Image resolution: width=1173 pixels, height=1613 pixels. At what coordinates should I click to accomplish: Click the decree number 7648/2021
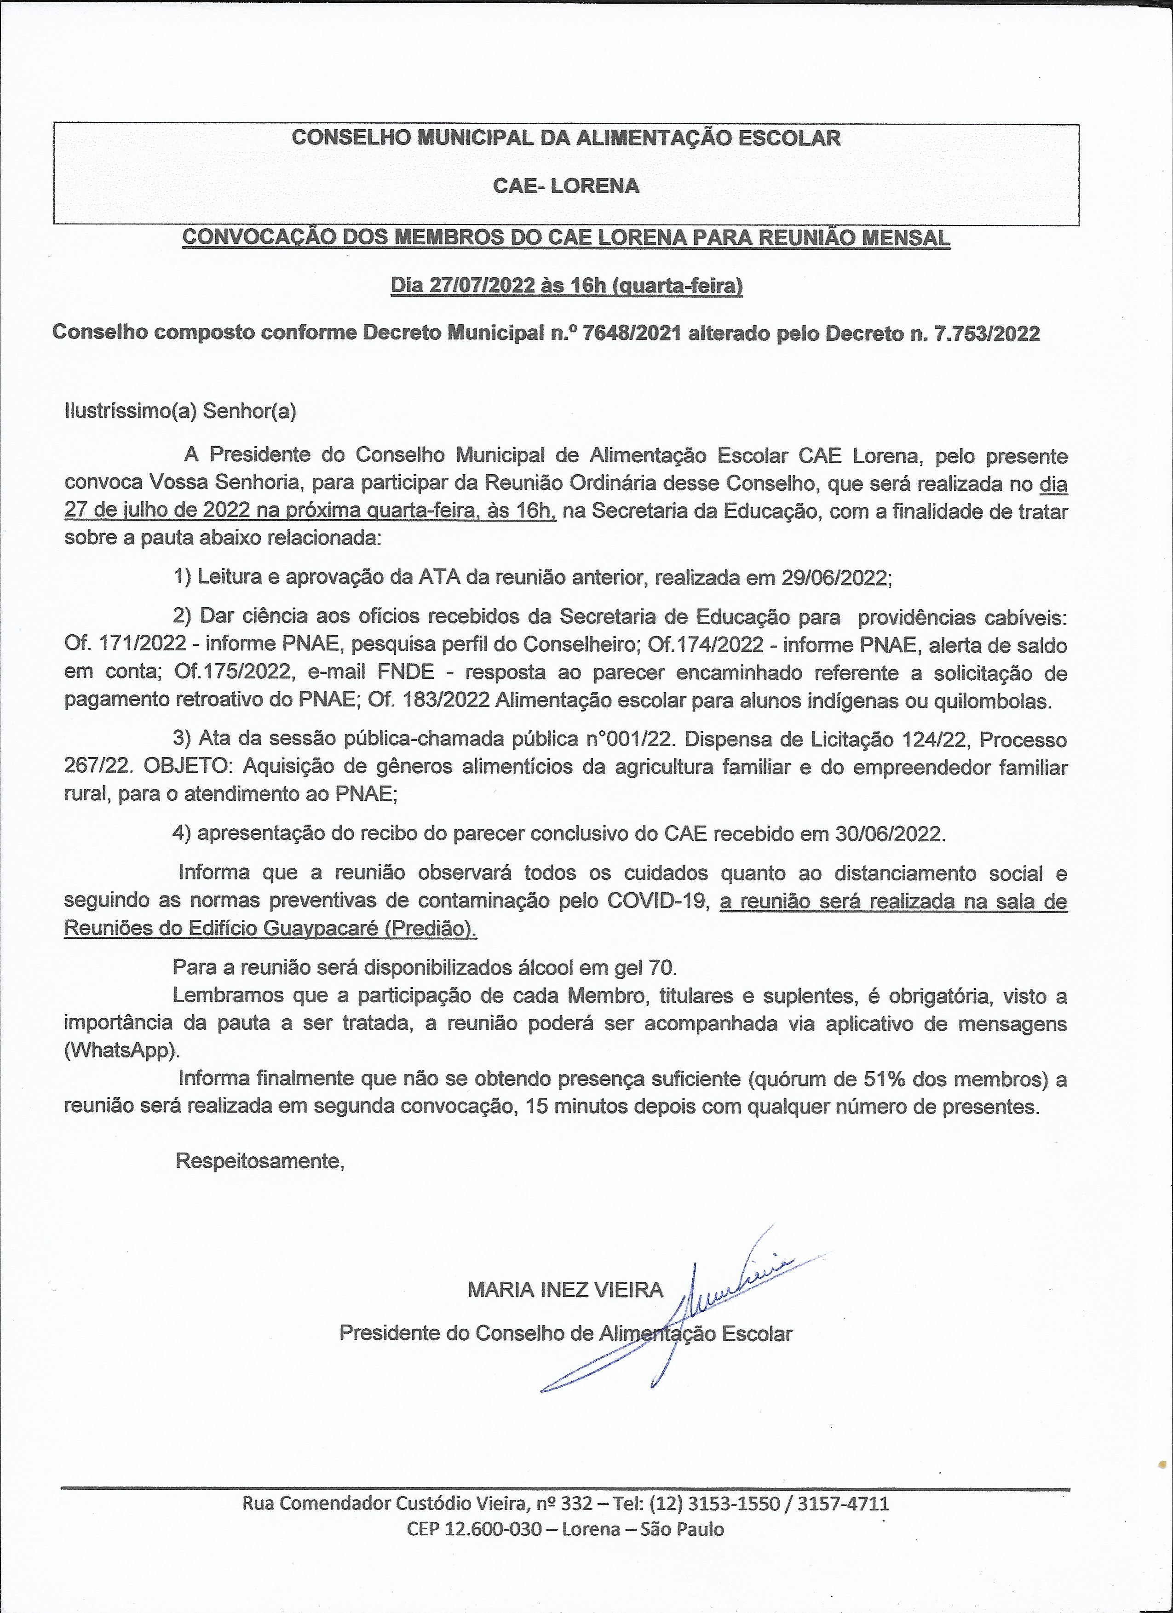pos(631,333)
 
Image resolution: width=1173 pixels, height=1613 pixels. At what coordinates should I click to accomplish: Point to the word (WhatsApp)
pos(121,1050)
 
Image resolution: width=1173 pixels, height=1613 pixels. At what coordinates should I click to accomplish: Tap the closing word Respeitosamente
pos(259,1161)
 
